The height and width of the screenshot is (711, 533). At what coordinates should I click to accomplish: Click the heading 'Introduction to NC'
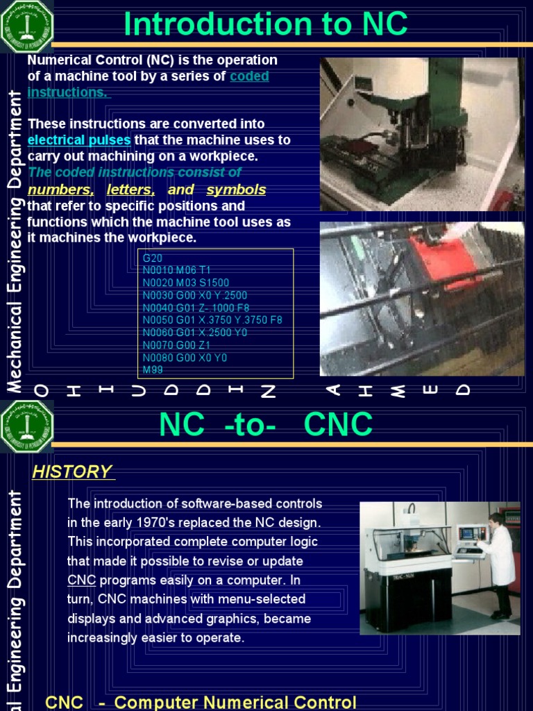coord(265,25)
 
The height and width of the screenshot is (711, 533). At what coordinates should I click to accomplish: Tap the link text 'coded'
coord(249,76)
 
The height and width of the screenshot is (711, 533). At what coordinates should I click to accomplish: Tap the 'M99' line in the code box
coord(152,370)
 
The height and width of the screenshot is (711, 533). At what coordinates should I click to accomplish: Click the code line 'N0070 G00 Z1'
coord(176,345)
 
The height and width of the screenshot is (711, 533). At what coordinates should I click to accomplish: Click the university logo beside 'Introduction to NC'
coord(27,27)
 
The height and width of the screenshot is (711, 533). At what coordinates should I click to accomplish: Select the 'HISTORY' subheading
coord(72,472)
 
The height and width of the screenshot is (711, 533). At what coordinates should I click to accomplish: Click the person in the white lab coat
coord(498,562)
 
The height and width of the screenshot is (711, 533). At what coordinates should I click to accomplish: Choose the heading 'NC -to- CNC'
coord(266,425)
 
